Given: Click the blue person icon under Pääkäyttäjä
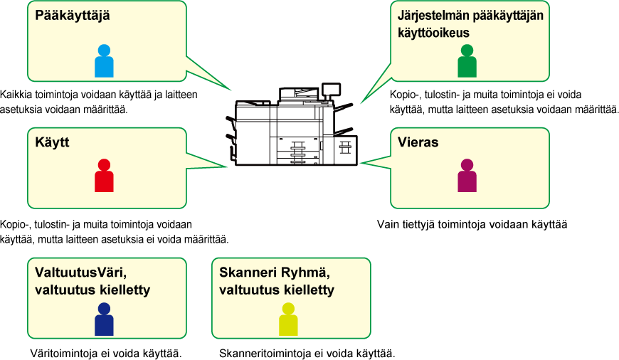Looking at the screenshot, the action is [104, 60].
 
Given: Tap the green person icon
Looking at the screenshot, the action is [467, 60].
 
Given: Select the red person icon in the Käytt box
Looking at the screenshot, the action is [104, 176].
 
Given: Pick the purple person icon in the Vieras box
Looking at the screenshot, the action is [467, 176].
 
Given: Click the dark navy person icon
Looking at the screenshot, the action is [104, 319].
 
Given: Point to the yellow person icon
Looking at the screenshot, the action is [288, 319].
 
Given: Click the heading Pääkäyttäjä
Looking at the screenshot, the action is [73, 16].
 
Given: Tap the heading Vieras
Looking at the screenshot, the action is [418, 142].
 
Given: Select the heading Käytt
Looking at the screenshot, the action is [52, 142].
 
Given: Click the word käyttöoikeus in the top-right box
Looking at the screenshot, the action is [433, 33].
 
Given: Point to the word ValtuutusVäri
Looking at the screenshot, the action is [80, 272].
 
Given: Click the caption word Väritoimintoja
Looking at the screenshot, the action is [63, 354].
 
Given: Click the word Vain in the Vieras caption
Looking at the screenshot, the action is [388, 225].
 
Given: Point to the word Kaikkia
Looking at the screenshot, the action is [16, 95].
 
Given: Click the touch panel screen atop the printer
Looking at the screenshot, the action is [332, 90].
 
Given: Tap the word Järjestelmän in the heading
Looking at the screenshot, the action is [433, 16].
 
